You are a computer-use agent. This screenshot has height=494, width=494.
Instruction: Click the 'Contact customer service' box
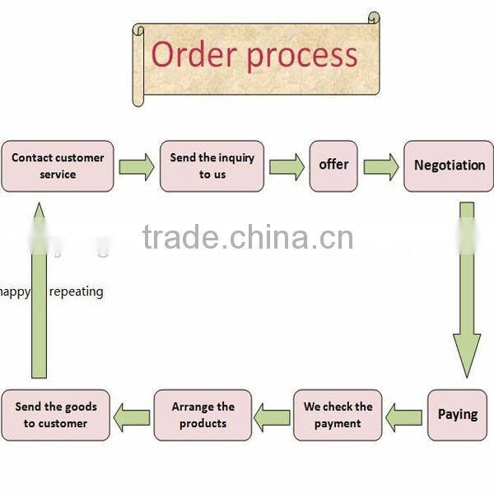pyautogui.click(x=58, y=166)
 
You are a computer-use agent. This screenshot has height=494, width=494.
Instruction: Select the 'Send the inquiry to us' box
pyautogui.click(x=212, y=166)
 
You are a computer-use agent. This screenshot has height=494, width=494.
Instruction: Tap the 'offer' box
pyautogui.click(x=333, y=165)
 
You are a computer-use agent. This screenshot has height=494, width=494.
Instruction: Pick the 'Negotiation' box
pyautogui.click(x=449, y=165)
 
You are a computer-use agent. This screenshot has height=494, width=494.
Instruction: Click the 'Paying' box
pyautogui.click(x=457, y=415)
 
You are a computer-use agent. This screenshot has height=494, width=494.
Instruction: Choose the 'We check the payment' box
pyautogui.click(x=338, y=415)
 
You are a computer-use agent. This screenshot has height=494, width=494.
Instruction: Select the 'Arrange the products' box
pyautogui.click(x=203, y=415)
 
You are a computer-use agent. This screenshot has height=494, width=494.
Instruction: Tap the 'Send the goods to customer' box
pyautogui.click(x=55, y=415)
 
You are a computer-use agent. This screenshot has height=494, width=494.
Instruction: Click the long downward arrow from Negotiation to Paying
pyautogui.click(x=467, y=288)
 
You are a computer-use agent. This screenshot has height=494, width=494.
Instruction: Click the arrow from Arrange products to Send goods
pyautogui.click(x=131, y=417)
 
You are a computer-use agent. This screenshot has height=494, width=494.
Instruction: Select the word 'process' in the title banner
pyautogui.click(x=302, y=56)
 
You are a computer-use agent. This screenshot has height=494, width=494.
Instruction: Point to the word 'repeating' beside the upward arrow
pyautogui.click(x=76, y=291)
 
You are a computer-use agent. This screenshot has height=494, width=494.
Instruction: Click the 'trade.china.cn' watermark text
pyautogui.click(x=247, y=238)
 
